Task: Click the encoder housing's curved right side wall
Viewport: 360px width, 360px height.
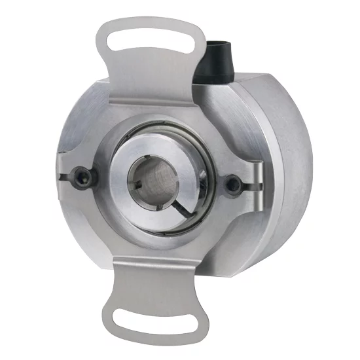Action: (288, 164)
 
